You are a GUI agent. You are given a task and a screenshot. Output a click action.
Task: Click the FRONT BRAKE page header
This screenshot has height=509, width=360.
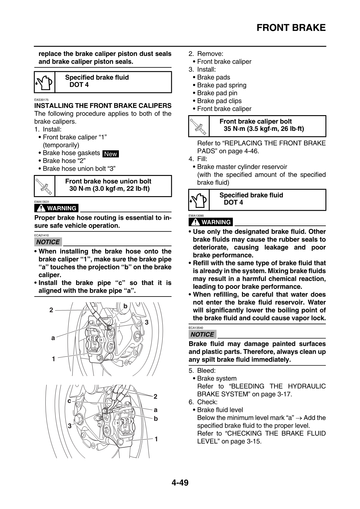click(x=291, y=28)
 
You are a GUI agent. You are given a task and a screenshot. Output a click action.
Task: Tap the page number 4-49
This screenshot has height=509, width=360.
click(x=180, y=483)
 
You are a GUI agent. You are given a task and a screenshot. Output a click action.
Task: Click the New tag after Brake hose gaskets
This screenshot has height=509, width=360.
click(x=110, y=154)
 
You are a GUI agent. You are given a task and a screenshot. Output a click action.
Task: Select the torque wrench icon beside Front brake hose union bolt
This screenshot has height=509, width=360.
click(x=44, y=186)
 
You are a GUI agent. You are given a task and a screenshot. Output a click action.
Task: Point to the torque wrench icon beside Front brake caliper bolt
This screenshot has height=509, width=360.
click(x=199, y=126)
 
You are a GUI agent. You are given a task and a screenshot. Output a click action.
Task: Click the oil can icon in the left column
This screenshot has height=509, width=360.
click(x=44, y=82)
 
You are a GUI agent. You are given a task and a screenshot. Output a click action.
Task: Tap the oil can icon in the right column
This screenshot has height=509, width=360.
click(x=199, y=200)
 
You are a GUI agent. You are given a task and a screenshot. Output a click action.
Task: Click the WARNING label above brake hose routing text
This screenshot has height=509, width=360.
click(x=57, y=208)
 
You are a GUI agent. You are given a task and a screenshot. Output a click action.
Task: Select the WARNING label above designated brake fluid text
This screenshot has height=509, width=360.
click(x=211, y=222)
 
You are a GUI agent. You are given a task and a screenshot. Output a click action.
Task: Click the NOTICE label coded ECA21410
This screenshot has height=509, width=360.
click(x=48, y=242)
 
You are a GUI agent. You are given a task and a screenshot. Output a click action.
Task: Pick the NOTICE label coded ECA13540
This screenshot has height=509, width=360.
click(x=202, y=335)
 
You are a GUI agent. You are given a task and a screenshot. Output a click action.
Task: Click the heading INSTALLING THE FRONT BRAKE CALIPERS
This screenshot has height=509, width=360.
click(x=103, y=106)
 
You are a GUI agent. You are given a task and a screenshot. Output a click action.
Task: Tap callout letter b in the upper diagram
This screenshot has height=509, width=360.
click(x=125, y=306)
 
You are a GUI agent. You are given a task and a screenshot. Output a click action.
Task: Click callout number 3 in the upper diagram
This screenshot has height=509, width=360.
click(x=147, y=323)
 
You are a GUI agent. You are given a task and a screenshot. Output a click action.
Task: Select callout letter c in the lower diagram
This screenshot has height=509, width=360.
click(x=69, y=401)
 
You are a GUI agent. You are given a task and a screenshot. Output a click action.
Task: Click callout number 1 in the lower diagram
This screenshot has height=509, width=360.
click(x=156, y=439)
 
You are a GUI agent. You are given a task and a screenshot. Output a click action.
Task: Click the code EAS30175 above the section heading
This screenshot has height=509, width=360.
click(x=41, y=100)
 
